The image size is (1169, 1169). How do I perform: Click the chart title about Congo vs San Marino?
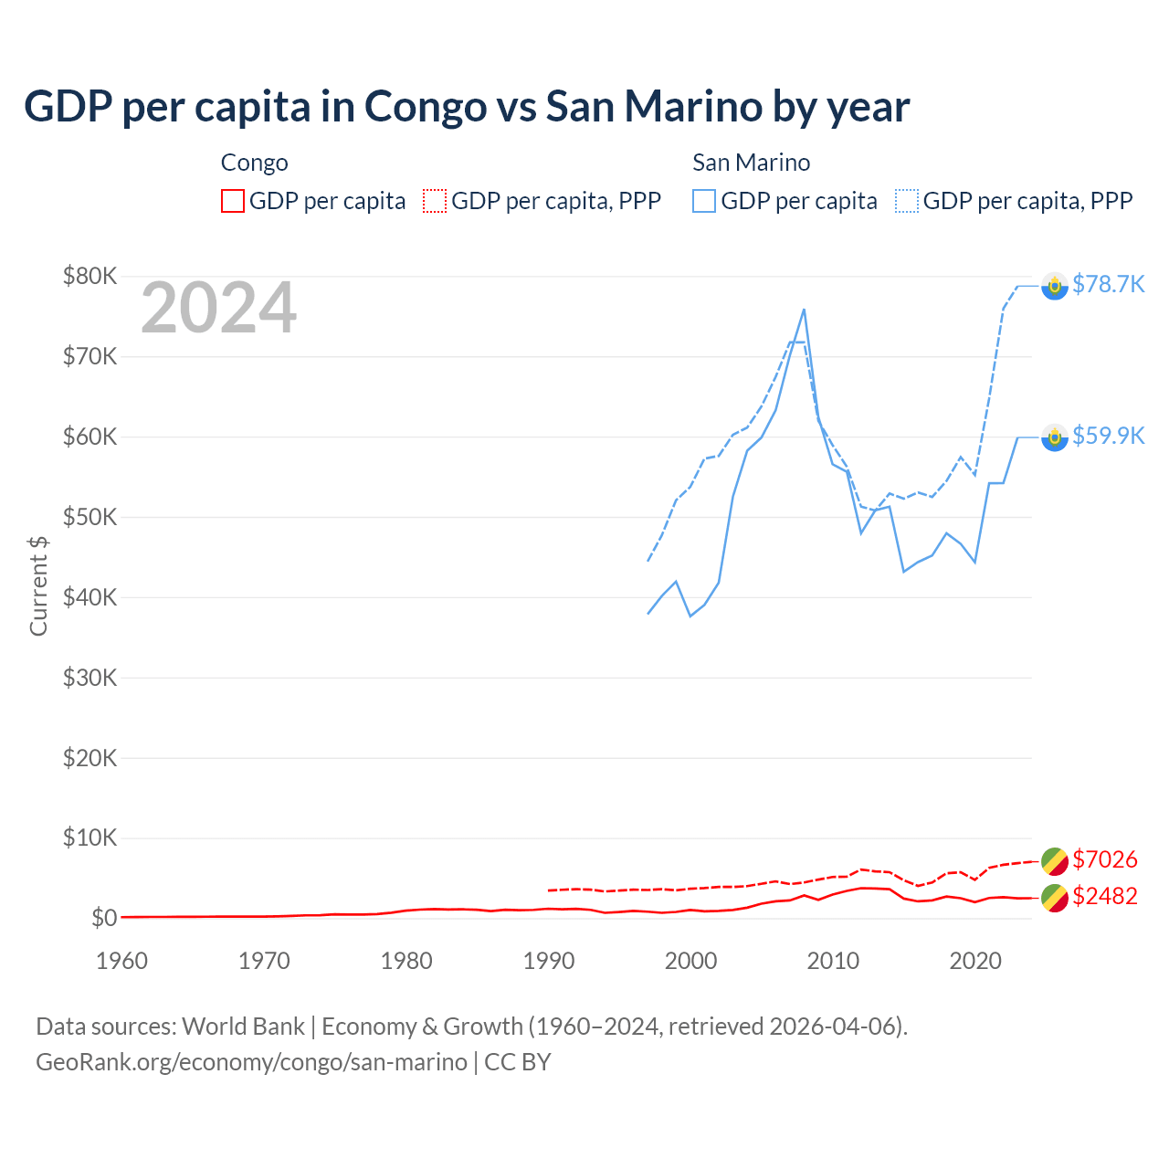point(467,107)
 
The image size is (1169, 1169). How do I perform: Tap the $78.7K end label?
point(1108,285)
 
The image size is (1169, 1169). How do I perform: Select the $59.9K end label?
point(1108,437)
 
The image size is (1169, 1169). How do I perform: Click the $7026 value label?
point(1104,860)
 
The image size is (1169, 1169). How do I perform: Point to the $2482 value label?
point(1104,897)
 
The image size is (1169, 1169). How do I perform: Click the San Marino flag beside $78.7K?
point(1055,287)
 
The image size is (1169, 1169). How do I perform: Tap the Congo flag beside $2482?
point(1055,898)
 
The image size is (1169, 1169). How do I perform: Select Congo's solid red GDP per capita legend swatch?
point(233,201)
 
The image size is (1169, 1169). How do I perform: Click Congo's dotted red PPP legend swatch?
point(435,201)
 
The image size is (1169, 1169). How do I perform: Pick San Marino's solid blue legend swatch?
point(704,201)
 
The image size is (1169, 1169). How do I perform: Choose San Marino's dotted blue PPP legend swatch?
point(907,201)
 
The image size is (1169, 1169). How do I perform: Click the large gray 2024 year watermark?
point(218,309)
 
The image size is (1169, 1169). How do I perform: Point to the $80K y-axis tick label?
point(90,276)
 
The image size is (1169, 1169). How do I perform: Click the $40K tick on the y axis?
point(90,597)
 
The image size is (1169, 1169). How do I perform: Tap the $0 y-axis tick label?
point(103,918)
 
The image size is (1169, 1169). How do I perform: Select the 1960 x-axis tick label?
point(121,961)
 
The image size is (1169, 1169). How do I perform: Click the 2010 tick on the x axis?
point(833,961)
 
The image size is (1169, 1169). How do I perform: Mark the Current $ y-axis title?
point(38,585)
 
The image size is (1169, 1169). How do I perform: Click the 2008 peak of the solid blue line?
point(804,310)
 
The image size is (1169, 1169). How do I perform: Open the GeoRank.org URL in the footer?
point(251,1062)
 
